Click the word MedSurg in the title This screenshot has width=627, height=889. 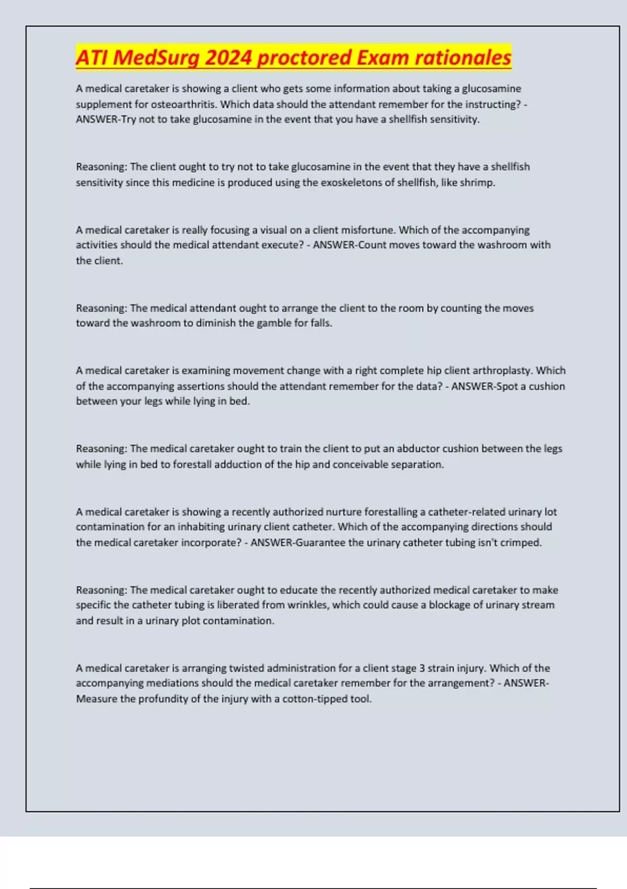(x=156, y=57)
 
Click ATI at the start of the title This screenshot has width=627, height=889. (x=91, y=57)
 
